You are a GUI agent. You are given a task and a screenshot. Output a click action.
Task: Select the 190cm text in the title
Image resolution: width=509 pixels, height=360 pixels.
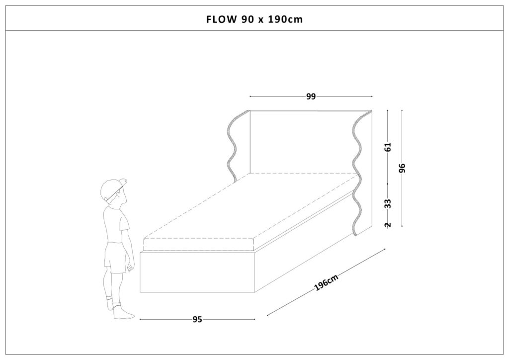(285, 19)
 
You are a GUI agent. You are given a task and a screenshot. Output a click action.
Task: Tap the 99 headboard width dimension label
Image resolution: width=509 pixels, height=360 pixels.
(311, 96)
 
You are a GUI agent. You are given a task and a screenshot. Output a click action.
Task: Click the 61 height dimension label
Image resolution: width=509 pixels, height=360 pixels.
(388, 147)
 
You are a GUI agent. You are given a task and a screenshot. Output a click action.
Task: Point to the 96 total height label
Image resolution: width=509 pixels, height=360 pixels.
(402, 168)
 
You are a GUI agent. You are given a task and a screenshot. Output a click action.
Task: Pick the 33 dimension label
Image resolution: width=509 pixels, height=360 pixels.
(388, 203)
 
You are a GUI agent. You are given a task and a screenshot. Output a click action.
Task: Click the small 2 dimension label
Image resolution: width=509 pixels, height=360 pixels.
(388, 224)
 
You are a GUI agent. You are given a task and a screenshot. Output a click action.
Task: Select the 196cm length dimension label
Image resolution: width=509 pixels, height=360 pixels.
(327, 282)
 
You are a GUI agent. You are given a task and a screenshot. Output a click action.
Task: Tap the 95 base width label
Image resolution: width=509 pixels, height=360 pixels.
(197, 319)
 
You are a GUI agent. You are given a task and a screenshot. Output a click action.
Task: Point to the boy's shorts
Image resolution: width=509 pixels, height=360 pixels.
(115, 257)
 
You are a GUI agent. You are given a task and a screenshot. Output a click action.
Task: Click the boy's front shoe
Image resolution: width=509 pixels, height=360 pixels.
(123, 314)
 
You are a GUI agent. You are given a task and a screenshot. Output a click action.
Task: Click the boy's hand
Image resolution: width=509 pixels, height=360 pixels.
(131, 268)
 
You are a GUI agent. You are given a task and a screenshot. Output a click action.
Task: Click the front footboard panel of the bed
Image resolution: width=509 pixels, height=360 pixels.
(198, 272)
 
